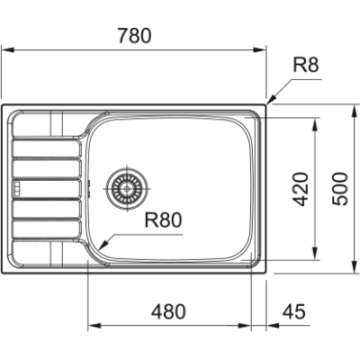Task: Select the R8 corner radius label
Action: tap(307, 65)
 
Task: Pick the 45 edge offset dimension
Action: tap(294, 311)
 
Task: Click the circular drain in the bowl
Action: tap(125, 187)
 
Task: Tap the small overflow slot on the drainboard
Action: tap(15, 188)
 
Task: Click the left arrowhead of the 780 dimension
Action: tap(3, 52)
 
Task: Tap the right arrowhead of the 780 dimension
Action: tap(267, 52)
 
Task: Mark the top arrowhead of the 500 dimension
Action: tap(351, 105)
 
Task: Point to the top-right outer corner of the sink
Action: tap(268, 103)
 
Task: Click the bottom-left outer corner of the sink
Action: tap(3, 272)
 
